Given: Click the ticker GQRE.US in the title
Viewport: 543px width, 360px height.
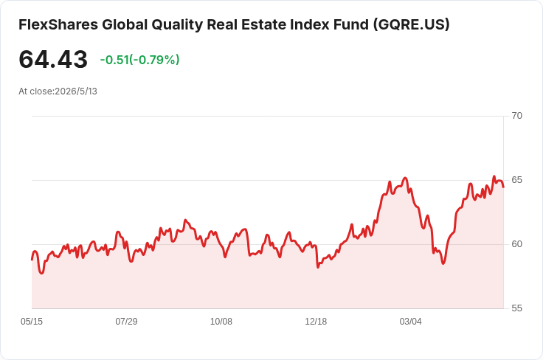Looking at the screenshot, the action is pyautogui.click(x=412, y=24).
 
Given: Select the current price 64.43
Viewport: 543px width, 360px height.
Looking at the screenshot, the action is pyautogui.click(x=53, y=60).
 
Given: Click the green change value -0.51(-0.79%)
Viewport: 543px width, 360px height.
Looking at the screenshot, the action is pyautogui.click(x=139, y=60).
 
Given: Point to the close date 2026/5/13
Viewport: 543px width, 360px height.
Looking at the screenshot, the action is pyautogui.click(x=76, y=91).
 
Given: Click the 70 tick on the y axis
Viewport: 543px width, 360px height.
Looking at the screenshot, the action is pyautogui.click(x=516, y=116).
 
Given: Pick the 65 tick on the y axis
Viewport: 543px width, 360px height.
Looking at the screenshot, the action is pyautogui.click(x=516, y=180).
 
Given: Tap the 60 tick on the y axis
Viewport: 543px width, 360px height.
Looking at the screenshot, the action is pyautogui.click(x=516, y=244).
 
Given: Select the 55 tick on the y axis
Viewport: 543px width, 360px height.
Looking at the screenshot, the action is pyautogui.click(x=516, y=308).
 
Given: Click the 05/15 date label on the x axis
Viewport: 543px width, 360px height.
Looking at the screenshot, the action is pyautogui.click(x=32, y=322).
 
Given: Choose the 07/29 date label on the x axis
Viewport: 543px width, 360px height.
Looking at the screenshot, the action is pyautogui.click(x=126, y=322).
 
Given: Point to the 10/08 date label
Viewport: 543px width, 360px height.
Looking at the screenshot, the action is pyautogui.click(x=221, y=322).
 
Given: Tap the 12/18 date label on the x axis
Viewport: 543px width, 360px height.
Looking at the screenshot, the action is pyautogui.click(x=316, y=322).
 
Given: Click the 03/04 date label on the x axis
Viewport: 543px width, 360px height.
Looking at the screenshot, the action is pyautogui.click(x=411, y=322).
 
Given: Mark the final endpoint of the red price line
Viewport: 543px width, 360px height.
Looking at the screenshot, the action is pyautogui.click(x=503, y=187).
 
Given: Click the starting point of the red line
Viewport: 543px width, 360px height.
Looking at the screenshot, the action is pyautogui.click(x=32, y=260).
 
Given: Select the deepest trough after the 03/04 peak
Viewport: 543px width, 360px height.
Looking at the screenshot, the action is pyautogui.click(x=443, y=263).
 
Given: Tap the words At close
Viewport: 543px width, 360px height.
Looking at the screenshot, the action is pyautogui.click(x=36, y=91).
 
